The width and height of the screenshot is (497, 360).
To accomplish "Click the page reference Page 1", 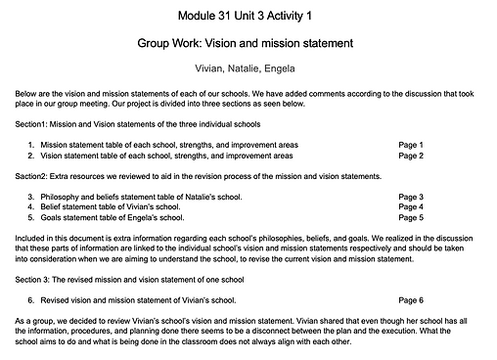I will tap(411, 145).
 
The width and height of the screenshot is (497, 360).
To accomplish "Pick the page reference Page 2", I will tap(411, 156).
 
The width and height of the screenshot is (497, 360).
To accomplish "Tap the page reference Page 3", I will tap(411, 197).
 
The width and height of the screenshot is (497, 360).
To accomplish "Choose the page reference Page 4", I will tap(411, 207).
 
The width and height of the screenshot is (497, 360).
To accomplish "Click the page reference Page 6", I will tap(411, 299).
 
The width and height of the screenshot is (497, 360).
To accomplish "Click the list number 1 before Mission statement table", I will tap(31, 145).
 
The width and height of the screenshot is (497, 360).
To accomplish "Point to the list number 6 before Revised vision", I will tap(31, 299).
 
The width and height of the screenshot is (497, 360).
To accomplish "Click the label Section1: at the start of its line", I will tap(36, 124).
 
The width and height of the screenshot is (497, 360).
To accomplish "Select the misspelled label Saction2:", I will tap(36, 176).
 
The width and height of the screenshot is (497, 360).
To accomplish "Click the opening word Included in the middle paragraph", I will tap(31, 239).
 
